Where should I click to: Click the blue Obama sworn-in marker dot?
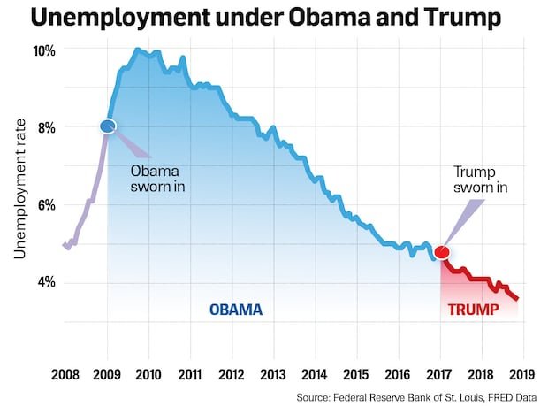coord(108,127)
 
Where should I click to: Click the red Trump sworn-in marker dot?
coord(442,253)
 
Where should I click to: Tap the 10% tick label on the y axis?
coord(44,50)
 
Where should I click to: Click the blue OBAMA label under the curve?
coord(236,310)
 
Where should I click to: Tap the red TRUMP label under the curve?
coord(474,310)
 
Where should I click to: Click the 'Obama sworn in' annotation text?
coord(159,180)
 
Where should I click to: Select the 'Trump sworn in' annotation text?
coord(481,180)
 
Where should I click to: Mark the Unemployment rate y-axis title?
coord(19,191)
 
